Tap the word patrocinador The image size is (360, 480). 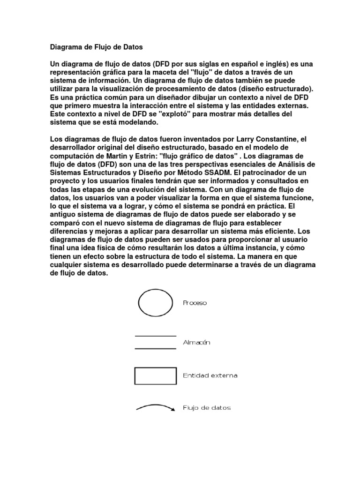[x=255, y=172]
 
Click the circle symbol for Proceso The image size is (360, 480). [x=156, y=303]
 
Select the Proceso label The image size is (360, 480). [x=195, y=303]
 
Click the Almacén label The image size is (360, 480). [x=196, y=343]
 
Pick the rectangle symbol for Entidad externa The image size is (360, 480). [x=155, y=375]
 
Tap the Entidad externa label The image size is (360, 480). [x=210, y=375]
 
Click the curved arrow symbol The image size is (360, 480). [x=155, y=407]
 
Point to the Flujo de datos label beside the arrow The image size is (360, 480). [x=206, y=408]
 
